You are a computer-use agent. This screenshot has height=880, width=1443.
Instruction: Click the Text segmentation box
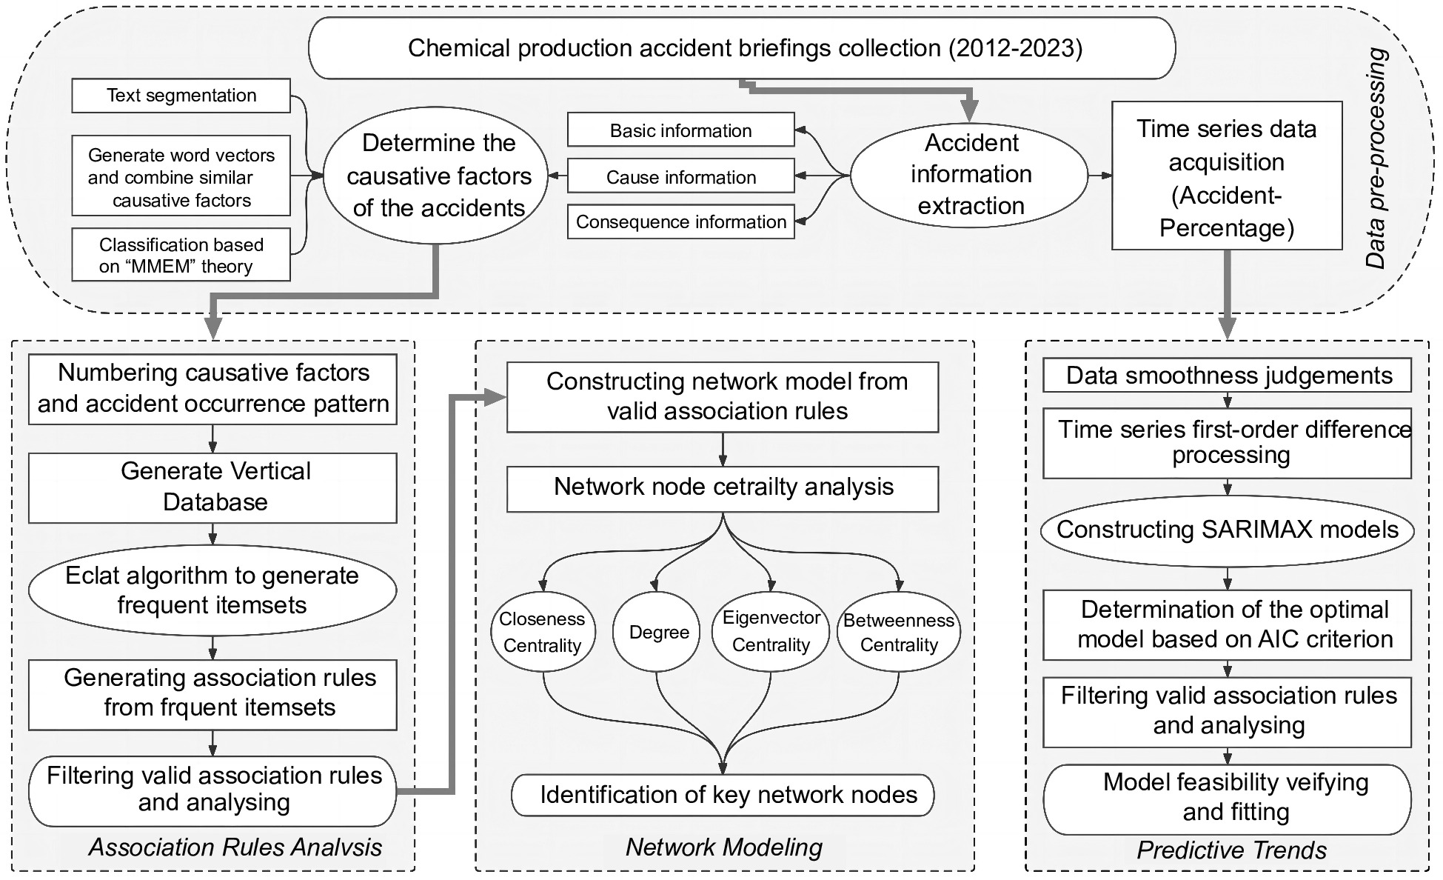[x=181, y=96]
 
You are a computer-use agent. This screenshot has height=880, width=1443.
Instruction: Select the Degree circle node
[x=657, y=632]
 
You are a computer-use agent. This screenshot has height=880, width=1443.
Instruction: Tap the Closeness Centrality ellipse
[x=543, y=632]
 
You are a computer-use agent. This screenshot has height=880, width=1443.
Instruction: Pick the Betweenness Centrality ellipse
[x=898, y=632]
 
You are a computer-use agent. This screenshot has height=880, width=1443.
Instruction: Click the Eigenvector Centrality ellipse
[x=771, y=632]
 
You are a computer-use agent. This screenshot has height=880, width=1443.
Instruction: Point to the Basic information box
[x=680, y=130]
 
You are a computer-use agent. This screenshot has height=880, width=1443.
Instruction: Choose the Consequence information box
[x=680, y=222]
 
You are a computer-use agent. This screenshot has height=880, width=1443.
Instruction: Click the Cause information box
[x=680, y=177]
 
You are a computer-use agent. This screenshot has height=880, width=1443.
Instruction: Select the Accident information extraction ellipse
[x=970, y=175]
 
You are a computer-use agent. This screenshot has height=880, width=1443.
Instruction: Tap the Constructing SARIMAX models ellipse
[x=1227, y=530]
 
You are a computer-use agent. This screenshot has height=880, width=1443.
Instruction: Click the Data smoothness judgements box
[x=1227, y=376]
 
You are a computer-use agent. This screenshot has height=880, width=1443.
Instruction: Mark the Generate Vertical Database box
[x=213, y=487]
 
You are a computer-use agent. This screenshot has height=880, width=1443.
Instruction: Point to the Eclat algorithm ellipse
[x=212, y=590]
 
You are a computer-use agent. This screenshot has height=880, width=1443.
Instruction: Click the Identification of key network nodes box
[x=723, y=795]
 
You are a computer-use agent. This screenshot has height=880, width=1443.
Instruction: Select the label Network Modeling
[x=723, y=847]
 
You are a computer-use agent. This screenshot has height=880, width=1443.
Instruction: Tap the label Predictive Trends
[x=1231, y=850]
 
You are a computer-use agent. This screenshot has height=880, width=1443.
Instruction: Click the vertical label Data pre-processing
[x=1376, y=158]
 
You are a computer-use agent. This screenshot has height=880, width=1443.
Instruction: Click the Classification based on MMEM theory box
[x=181, y=256]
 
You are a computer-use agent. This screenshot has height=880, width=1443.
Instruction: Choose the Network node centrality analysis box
[x=723, y=488]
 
